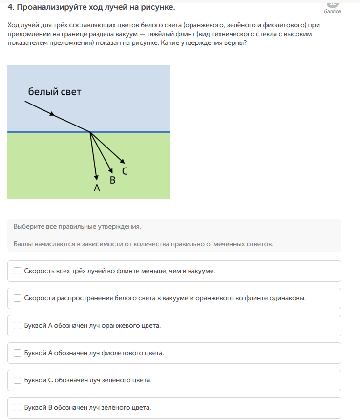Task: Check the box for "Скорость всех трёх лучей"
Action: click(x=18, y=271)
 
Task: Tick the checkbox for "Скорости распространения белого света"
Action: click(x=18, y=298)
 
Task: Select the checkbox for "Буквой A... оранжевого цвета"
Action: click(x=18, y=325)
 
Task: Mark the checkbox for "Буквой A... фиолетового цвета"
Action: click(x=18, y=353)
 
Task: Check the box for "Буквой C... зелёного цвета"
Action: click(x=18, y=380)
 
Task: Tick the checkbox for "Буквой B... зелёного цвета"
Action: click(x=18, y=407)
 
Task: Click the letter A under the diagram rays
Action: click(x=97, y=188)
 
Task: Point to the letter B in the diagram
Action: click(x=112, y=180)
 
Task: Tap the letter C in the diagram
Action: click(x=125, y=171)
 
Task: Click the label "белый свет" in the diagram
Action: click(x=54, y=92)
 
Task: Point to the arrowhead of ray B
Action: click(x=112, y=170)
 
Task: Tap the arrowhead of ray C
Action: click(x=123, y=162)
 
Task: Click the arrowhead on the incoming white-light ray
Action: click(x=52, y=115)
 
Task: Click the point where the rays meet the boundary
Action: click(x=90, y=132)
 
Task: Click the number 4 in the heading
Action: click(x=10, y=7)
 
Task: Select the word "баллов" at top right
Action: click(x=333, y=11)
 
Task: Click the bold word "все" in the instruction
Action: click(x=51, y=227)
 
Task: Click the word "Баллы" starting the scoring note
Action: click(x=22, y=243)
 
